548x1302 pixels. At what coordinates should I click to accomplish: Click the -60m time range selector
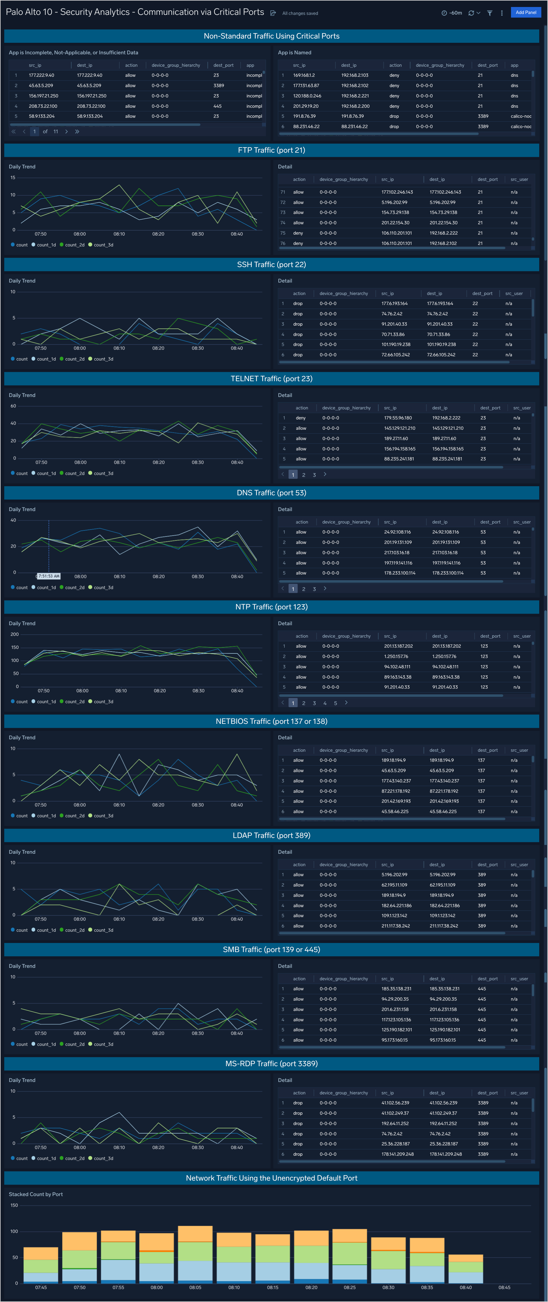tap(452, 13)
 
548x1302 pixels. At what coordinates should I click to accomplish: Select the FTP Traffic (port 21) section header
tap(271, 150)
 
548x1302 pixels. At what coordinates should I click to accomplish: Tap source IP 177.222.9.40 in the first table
tap(42, 75)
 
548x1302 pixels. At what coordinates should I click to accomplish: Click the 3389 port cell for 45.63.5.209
tap(219, 85)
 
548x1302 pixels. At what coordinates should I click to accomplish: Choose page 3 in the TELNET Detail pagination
tap(314, 475)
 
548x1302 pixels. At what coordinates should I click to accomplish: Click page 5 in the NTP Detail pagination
tap(335, 703)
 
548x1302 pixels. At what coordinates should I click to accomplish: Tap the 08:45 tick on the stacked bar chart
tap(504, 1287)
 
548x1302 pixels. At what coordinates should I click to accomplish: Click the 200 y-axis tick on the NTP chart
tap(15, 634)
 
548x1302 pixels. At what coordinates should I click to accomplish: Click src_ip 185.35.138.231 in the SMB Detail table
tap(396, 988)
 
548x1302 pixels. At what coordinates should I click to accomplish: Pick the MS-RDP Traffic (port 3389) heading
tap(271, 1063)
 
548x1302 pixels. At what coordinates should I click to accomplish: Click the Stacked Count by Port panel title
tap(36, 1194)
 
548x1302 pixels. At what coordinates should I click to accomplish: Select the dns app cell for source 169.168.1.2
tap(514, 75)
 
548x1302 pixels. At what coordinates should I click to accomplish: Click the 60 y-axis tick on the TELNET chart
tap(13, 406)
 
